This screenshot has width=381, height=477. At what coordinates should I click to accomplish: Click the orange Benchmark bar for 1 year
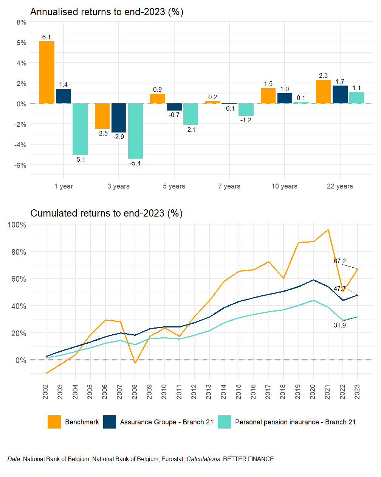click(47, 72)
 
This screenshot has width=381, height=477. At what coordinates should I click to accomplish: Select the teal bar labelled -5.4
click(135, 131)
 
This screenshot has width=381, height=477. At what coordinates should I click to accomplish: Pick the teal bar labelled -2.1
click(190, 114)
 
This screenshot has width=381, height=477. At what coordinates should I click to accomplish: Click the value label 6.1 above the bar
click(46, 37)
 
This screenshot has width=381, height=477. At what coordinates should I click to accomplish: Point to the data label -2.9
click(119, 137)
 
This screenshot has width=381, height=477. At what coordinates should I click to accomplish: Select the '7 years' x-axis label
click(229, 186)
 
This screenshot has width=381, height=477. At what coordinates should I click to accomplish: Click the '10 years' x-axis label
click(284, 186)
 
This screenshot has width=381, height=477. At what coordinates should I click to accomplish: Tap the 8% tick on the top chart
click(22, 22)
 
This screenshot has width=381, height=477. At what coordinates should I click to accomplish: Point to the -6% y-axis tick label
click(21, 165)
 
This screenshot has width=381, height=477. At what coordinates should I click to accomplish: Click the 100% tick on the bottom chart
click(17, 225)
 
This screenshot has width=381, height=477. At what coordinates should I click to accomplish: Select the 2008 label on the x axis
click(135, 391)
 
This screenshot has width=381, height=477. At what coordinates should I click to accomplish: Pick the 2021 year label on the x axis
click(328, 391)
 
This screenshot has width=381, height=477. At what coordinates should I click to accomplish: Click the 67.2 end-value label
click(339, 261)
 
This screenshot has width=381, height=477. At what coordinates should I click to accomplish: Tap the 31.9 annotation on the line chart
click(339, 325)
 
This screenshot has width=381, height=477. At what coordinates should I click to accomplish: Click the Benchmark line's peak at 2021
click(328, 229)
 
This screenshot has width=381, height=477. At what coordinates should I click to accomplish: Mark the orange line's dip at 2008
click(135, 363)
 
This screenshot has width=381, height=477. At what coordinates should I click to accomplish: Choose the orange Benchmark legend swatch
click(54, 422)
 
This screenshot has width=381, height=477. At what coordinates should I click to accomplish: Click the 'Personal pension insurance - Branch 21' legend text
click(295, 422)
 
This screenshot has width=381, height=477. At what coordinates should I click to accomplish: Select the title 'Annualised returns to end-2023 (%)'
click(107, 12)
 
